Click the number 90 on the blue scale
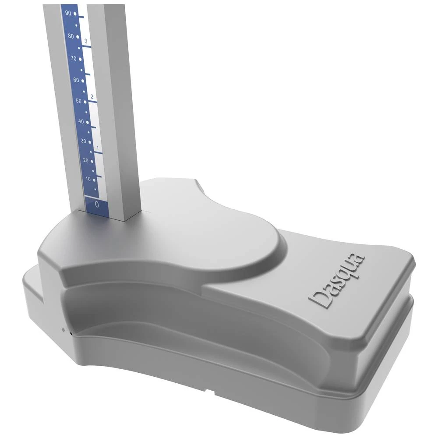point(68,13)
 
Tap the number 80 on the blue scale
point(71,35)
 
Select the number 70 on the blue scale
point(73,58)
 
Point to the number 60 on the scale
point(76,80)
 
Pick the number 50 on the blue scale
point(79,101)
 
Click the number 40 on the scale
point(81,121)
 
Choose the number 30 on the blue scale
point(84,141)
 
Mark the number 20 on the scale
point(86,160)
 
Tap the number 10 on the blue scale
point(88,179)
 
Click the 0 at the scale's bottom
point(97,204)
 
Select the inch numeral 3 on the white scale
point(86,41)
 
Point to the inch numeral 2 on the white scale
point(92,96)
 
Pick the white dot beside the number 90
point(75,14)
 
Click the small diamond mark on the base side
point(64,329)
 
